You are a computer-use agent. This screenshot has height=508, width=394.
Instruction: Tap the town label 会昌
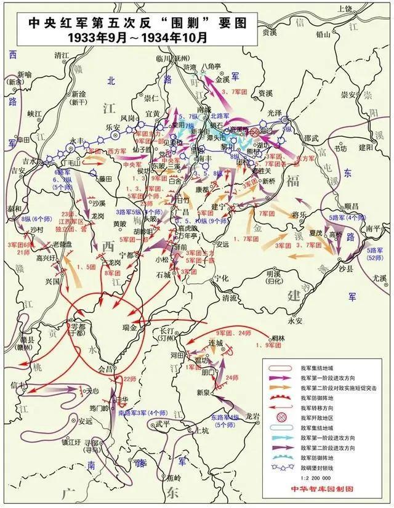pyautogui.click(x=107, y=369)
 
